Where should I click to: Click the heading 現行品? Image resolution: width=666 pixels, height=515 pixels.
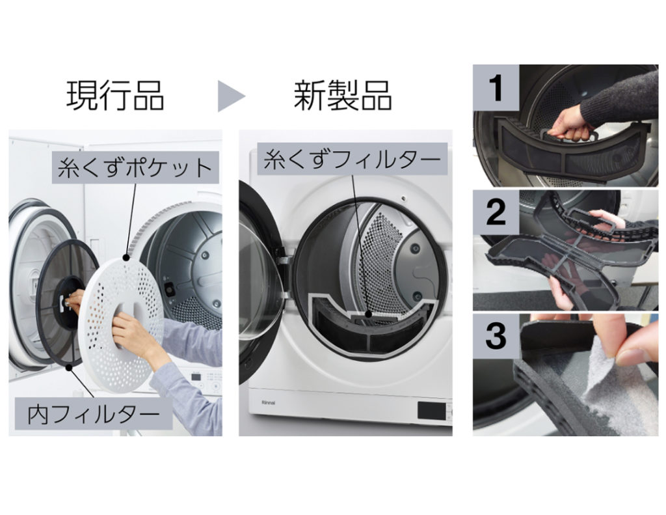pos(115,95)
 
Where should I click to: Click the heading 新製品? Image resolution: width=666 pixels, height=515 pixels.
pos(343,95)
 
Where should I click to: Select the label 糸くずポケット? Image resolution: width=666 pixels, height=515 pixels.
pos(135,167)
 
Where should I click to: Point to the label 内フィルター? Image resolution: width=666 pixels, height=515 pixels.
pos(94,413)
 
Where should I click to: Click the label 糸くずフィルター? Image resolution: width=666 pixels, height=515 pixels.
pos(352,159)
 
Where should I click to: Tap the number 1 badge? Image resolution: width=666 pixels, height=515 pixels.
pos(496,88)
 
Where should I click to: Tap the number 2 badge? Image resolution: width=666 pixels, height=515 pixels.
pos(496,212)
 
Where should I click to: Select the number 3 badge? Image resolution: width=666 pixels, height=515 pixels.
pos(496,336)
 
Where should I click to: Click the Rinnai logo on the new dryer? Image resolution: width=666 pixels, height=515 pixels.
pos(268,402)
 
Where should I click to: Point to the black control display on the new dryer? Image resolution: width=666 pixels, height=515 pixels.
pos(432,410)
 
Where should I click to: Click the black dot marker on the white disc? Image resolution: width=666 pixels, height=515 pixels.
pos(126,257)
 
